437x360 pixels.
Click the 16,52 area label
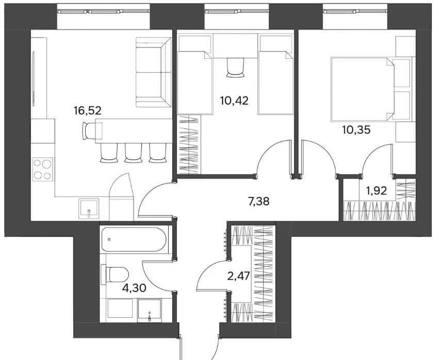click(87, 110)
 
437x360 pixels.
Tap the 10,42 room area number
click(234, 100)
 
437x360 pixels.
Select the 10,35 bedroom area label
click(357, 130)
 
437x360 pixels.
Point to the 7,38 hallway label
click(259, 201)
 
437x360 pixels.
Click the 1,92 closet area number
click(377, 191)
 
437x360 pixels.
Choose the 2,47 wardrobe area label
click(238, 276)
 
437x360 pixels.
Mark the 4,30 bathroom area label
click(134, 288)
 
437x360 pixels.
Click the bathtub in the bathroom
click(134, 240)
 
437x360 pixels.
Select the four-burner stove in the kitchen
click(43, 169)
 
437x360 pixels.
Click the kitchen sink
click(89, 207)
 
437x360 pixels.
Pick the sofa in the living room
click(153, 72)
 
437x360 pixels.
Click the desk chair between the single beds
click(236, 68)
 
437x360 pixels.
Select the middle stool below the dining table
click(132, 153)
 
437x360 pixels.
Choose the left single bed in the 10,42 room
click(195, 83)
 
